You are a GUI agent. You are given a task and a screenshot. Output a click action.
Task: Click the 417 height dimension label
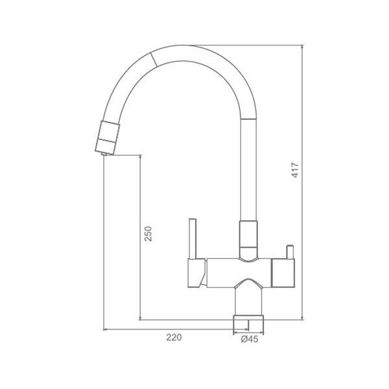click(x=295, y=170)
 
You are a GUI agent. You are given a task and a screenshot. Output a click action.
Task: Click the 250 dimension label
click(x=148, y=233)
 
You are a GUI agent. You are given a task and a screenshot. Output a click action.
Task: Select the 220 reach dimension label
click(x=174, y=337)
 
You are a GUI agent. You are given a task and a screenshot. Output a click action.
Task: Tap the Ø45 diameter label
click(x=250, y=339)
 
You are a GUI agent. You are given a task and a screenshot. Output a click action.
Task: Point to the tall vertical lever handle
click(x=193, y=239)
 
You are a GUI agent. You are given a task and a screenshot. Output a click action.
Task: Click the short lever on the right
click(x=290, y=252)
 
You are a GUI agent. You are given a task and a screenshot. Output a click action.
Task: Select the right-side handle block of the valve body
click(x=283, y=273)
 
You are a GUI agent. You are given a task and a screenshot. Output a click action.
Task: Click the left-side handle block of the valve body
click(x=196, y=273)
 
